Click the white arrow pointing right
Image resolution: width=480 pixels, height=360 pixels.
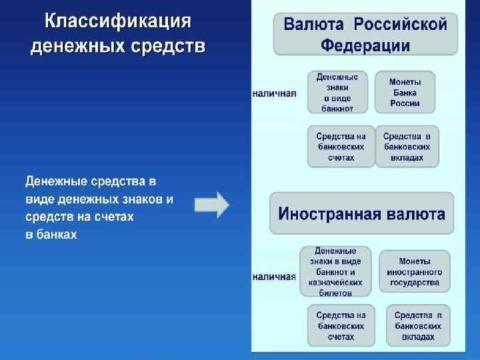211,205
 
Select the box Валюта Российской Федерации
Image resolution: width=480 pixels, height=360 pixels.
365,35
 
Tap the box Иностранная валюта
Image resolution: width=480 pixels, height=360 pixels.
361,214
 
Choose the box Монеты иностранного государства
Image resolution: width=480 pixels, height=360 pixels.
414,271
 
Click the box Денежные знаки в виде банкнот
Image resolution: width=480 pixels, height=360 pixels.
337,92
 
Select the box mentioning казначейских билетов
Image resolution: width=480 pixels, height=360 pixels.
335,271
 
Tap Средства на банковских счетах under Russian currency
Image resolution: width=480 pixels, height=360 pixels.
341,147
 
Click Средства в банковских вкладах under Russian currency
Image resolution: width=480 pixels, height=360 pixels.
407,147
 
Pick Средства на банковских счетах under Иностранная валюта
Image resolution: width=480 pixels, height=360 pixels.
341,326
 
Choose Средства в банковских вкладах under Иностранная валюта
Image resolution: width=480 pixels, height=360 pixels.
418,326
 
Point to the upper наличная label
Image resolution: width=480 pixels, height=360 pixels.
274,93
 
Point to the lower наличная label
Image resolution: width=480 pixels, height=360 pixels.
274,276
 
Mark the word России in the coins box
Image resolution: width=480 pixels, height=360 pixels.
405,103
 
